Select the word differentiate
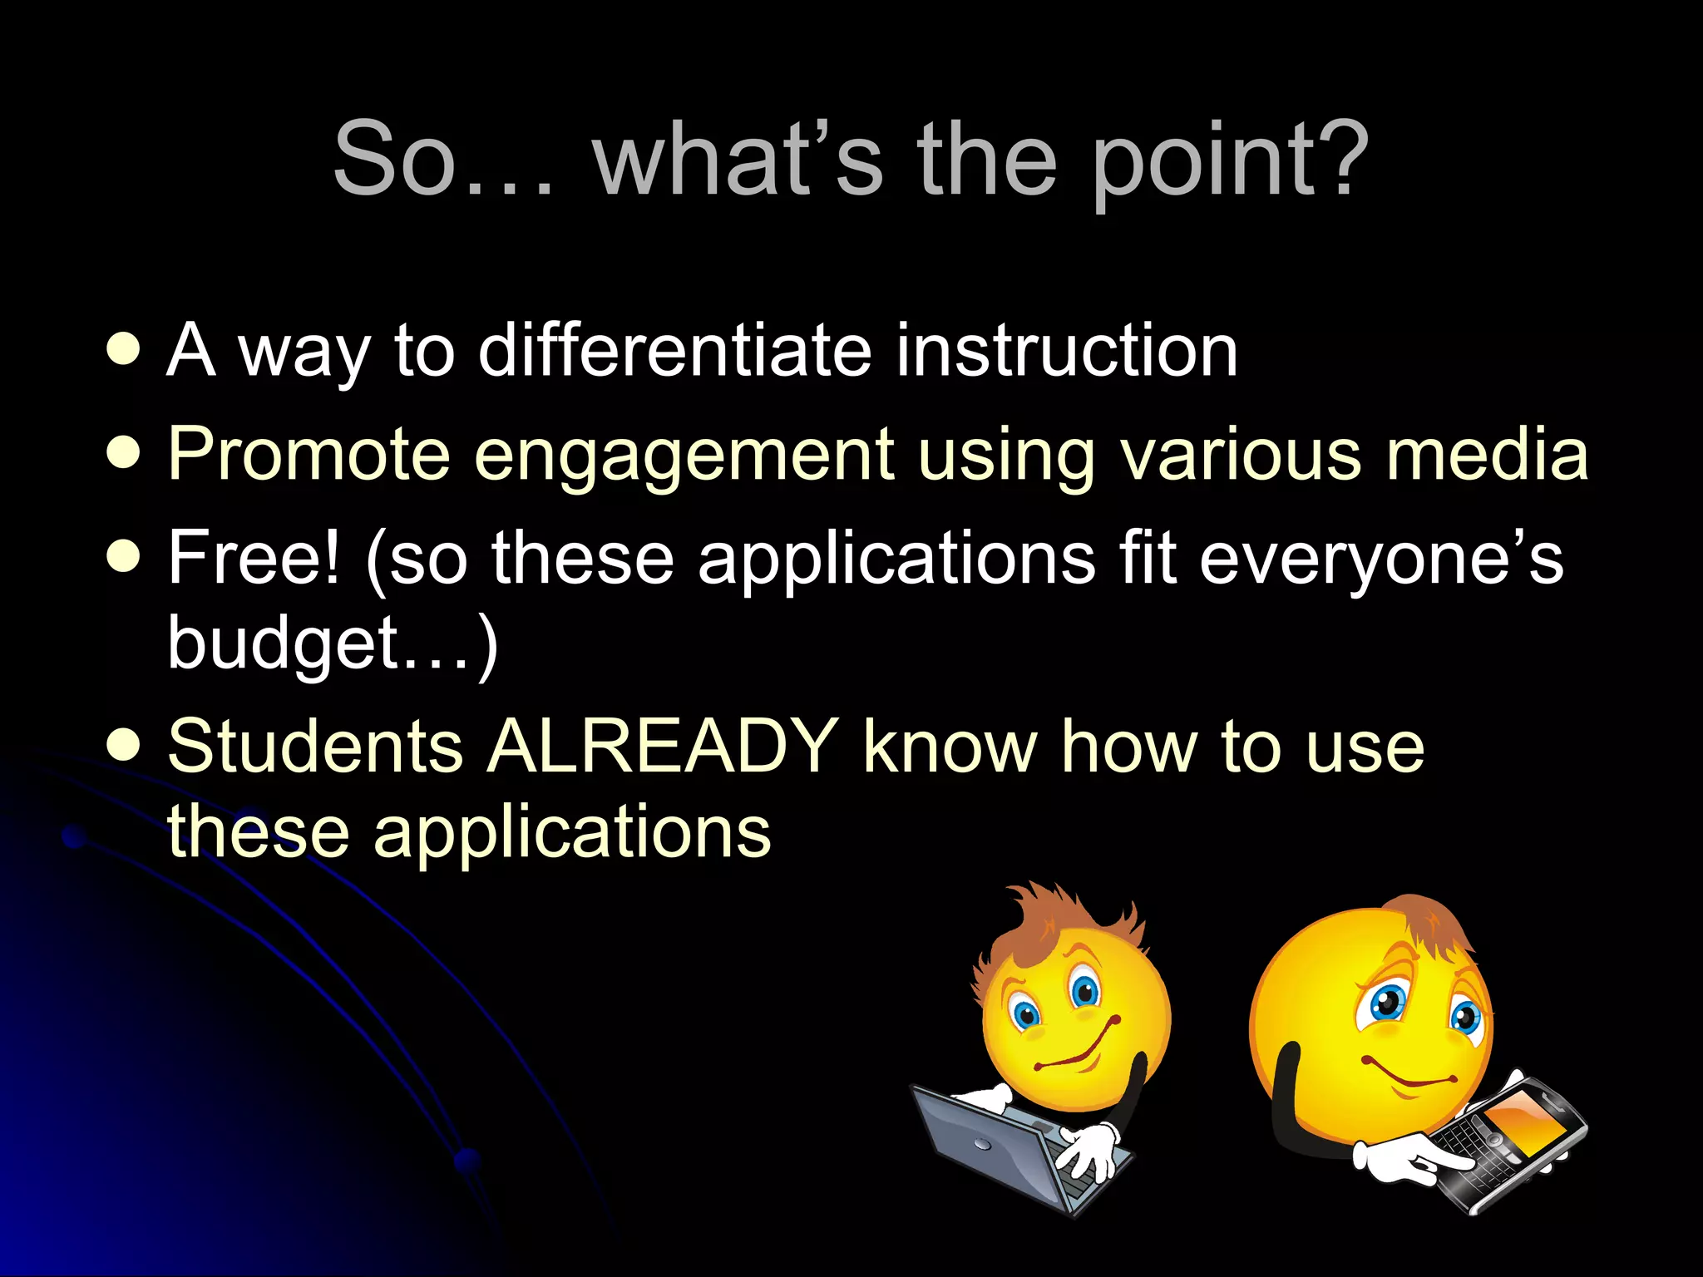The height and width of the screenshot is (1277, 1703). tap(674, 350)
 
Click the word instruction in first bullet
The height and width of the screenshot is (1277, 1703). tap(1066, 350)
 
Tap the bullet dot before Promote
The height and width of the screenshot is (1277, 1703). tap(124, 454)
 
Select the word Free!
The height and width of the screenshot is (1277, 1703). tap(254, 558)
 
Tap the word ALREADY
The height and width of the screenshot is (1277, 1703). tap(662, 746)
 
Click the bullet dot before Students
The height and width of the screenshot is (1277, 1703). tap(124, 745)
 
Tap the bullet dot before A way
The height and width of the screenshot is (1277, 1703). tap(124, 350)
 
